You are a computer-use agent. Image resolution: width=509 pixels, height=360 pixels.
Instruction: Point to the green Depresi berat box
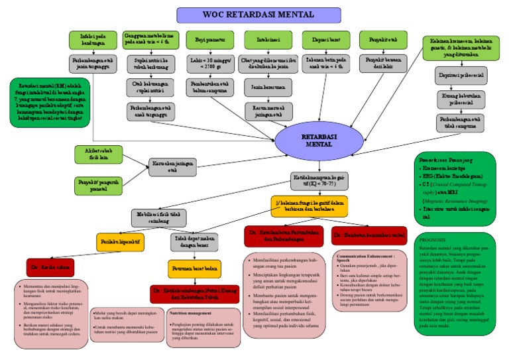[321, 39]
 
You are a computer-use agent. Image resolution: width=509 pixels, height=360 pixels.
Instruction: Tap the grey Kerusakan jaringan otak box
[173, 166]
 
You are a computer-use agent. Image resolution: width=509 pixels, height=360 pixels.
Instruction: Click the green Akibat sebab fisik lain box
[97, 153]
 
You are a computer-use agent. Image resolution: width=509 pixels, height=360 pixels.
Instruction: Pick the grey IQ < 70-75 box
[318, 179]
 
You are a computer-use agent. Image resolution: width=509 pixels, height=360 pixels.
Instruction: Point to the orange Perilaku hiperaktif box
[121, 242]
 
